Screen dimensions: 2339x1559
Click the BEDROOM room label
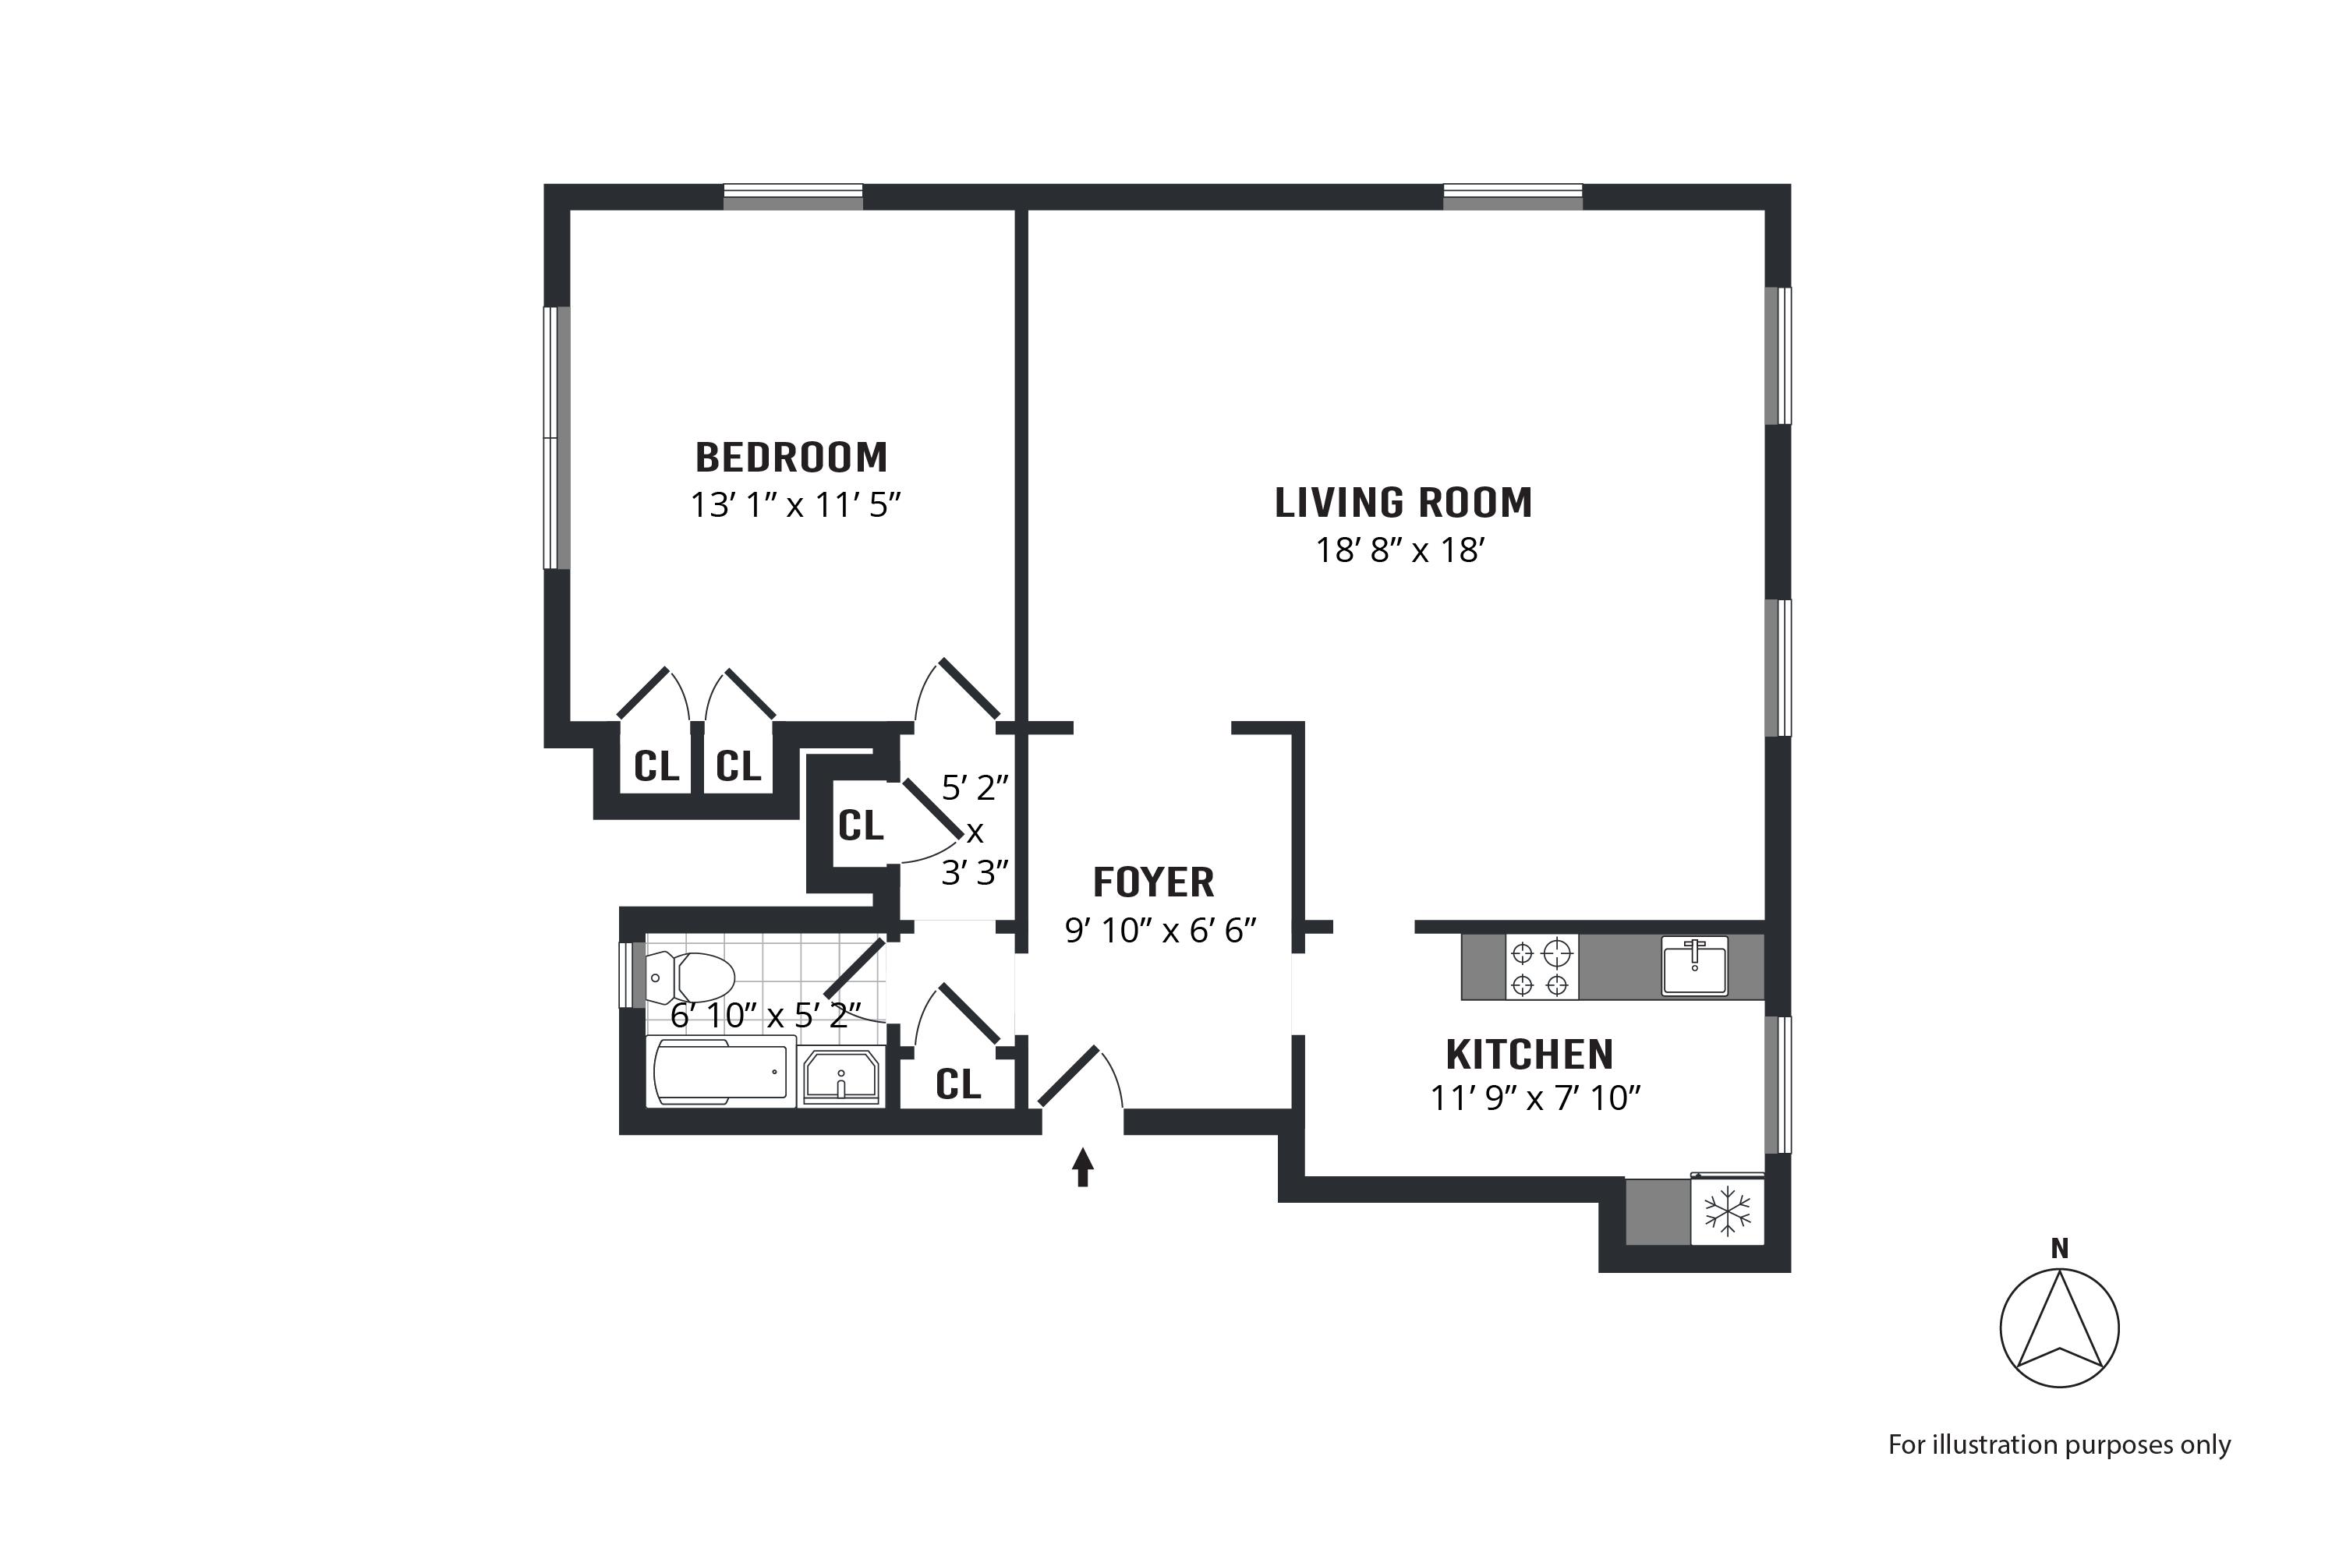(x=791, y=458)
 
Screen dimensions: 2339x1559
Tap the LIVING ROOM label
(x=1403, y=503)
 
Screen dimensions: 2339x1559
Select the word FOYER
(x=1154, y=882)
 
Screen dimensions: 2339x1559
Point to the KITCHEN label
(x=1530, y=1054)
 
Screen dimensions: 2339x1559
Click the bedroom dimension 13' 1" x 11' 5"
(x=795, y=505)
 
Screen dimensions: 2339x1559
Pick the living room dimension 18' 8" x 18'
(x=1400, y=550)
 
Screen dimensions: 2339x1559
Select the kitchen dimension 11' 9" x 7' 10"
(x=1534, y=1098)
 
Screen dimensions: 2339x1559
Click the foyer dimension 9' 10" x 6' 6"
(x=1161, y=930)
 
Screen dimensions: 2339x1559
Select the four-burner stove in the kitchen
(x=1541, y=967)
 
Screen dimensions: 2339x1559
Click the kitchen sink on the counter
(x=1694, y=967)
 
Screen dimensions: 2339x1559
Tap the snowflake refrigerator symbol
(x=1728, y=1211)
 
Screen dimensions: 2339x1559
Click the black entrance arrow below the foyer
(x=1083, y=1167)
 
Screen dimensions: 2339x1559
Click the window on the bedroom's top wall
(x=793, y=197)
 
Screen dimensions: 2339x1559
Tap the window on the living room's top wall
(x=1513, y=197)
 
